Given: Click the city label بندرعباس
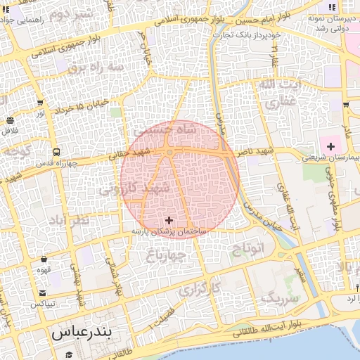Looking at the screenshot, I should point(82,333).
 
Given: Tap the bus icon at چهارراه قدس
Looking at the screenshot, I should point(56,152).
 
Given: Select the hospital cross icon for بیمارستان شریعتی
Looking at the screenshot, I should point(330,146).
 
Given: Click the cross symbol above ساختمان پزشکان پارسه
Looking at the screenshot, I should point(169,220).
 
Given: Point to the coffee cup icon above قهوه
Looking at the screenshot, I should point(44,257).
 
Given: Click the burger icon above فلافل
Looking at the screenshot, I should point(9,120).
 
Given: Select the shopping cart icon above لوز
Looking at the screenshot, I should point(39,103).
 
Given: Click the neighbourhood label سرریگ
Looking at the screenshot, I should point(280,297).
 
